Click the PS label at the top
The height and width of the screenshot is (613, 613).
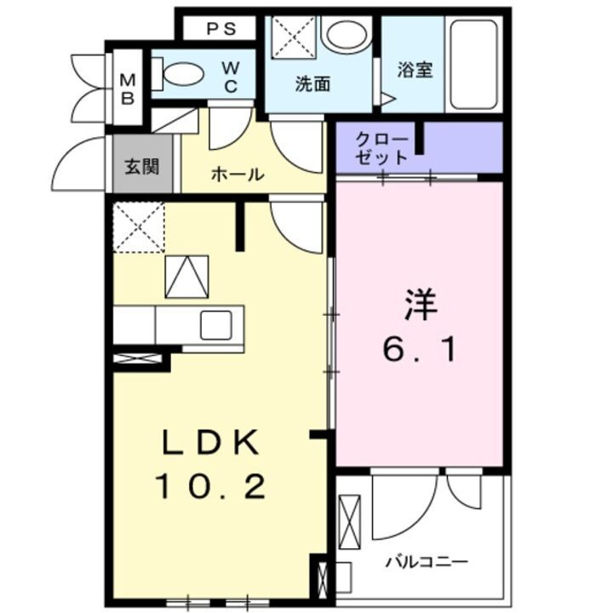[x=221, y=28]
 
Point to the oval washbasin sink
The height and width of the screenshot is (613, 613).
[x=346, y=35]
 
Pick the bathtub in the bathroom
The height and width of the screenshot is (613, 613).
[x=473, y=66]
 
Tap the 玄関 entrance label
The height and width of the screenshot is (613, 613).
[x=142, y=166]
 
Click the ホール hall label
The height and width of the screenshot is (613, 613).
[x=236, y=175]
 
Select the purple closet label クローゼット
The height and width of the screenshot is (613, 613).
[x=381, y=147]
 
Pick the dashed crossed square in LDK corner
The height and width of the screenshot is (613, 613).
[x=138, y=227]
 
